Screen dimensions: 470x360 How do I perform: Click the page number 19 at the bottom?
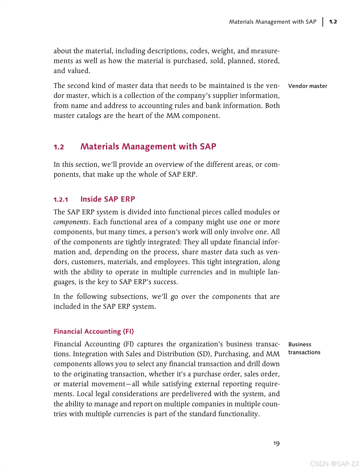(x=276, y=444)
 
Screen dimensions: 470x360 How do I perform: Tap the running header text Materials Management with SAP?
(x=272, y=22)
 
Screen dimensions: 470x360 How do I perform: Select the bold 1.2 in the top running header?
(x=333, y=22)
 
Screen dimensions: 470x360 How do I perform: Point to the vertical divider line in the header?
(x=323, y=22)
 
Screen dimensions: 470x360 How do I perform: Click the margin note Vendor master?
(x=307, y=86)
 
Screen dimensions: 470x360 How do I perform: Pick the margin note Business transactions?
(x=304, y=348)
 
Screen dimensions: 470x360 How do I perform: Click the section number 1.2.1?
(x=61, y=200)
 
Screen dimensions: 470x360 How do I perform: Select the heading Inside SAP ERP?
(x=108, y=199)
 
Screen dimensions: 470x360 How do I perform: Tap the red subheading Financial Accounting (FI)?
(x=94, y=331)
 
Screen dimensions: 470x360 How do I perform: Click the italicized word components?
(x=71, y=222)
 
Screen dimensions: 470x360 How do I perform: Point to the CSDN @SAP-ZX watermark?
(x=334, y=464)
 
